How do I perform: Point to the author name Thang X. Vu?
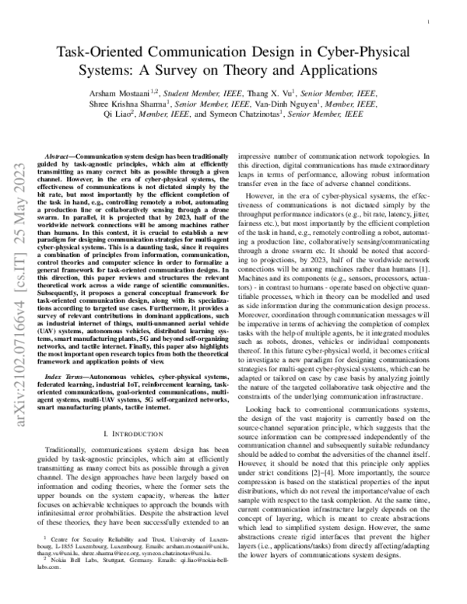coord(283,92)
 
